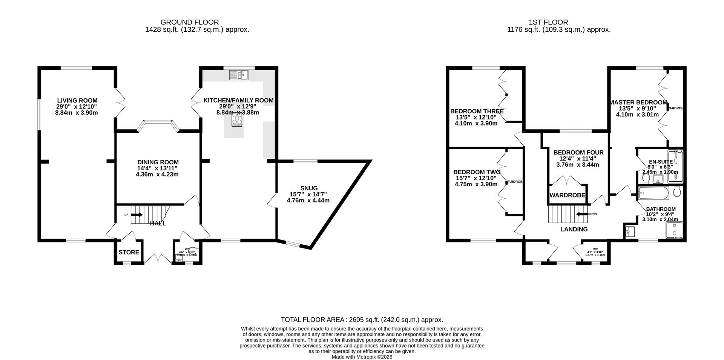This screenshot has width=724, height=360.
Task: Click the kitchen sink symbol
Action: pos(238,75)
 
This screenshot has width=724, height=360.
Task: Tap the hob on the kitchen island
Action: pos(237,121)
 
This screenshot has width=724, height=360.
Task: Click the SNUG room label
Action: pos(309,188)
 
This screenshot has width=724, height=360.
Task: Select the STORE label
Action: pos(129,252)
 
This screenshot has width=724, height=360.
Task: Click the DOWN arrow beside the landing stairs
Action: pos(582,214)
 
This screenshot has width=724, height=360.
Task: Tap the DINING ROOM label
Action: pos(157,162)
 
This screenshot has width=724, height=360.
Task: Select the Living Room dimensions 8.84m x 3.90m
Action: pos(77,113)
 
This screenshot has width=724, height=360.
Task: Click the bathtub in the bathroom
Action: pos(654,194)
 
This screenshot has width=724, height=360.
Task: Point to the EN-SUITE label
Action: pos(660,162)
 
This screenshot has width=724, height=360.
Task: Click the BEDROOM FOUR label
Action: pos(578,152)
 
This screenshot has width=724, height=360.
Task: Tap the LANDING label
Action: pos(574,229)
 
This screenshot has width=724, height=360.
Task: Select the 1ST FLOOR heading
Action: pos(559,22)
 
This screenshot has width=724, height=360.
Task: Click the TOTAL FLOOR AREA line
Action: pos(362,320)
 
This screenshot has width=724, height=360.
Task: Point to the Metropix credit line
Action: pos(362,357)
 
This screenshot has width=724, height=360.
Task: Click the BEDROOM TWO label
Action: pos(477,172)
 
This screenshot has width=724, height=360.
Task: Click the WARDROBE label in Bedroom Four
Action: pos(567,195)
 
